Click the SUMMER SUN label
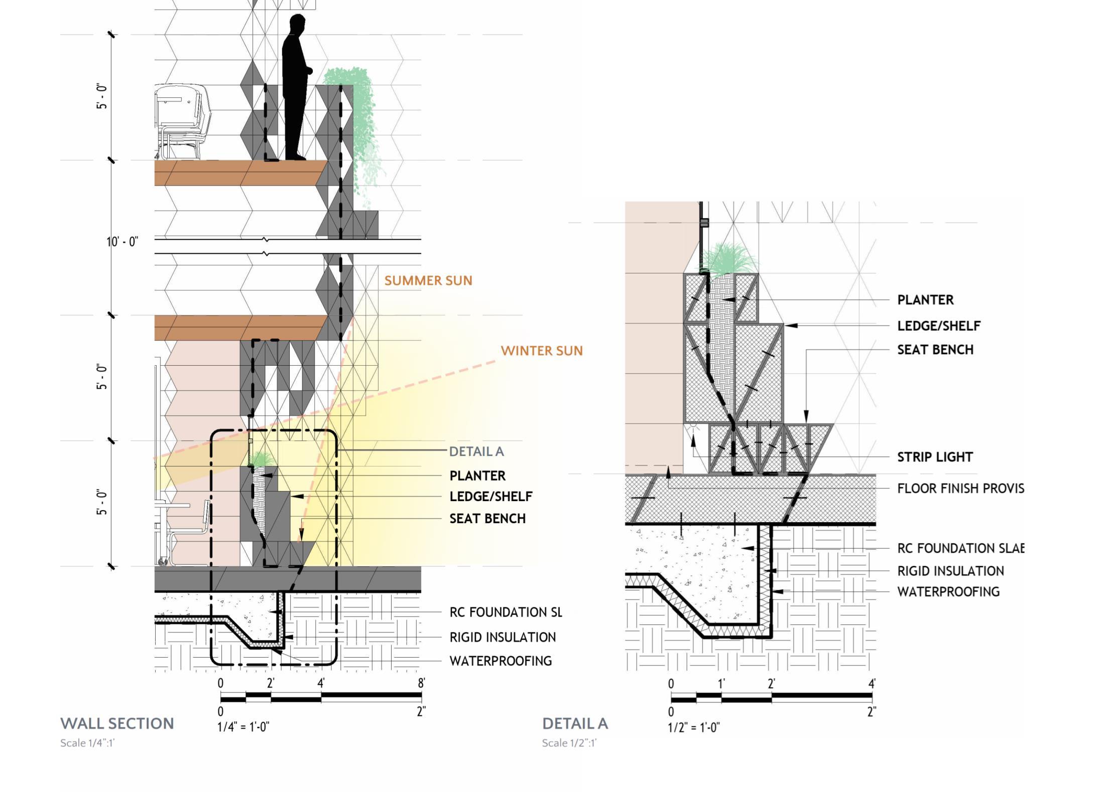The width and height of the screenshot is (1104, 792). click(428, 280)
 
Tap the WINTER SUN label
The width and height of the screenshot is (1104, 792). click(542, 351)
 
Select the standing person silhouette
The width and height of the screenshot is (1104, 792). click(296, 88)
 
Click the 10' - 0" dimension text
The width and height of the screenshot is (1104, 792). click(122, 242)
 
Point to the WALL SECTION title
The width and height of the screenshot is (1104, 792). click(117, 723)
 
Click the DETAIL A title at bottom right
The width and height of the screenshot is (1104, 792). click(575, 723)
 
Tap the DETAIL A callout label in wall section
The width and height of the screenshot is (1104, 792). click(476, 451)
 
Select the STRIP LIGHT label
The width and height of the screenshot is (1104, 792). click(935, 457)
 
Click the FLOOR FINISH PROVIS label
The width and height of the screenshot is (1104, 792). click(960, 488)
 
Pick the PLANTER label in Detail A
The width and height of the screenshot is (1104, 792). click(925, 300)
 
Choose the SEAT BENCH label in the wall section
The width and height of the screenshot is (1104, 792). click(487, 518)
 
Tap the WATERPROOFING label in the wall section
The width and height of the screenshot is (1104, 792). click(501, 661)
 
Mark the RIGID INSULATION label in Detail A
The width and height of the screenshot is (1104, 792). click(950, 571)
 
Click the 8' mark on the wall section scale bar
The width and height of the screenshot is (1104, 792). click(421, 683)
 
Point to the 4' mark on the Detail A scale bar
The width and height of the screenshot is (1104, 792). click(872, 684)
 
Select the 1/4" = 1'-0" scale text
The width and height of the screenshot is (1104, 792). click(243, 727)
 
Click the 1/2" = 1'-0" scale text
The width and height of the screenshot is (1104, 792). click(693, 727)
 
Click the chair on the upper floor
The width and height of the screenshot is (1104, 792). click(180, 120)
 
